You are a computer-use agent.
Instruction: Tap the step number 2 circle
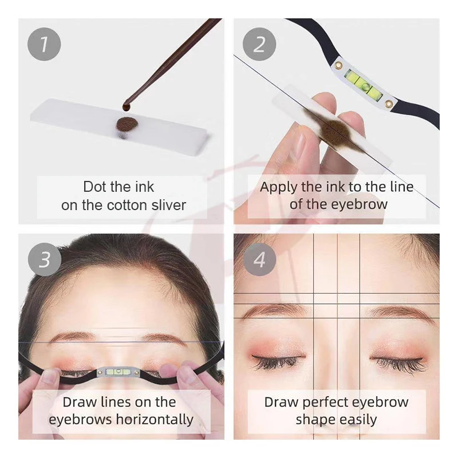[260, 44]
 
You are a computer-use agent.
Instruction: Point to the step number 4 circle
[260, 259]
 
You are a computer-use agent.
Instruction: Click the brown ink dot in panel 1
[126, 124]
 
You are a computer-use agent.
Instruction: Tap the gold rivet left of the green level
[340, 63]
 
